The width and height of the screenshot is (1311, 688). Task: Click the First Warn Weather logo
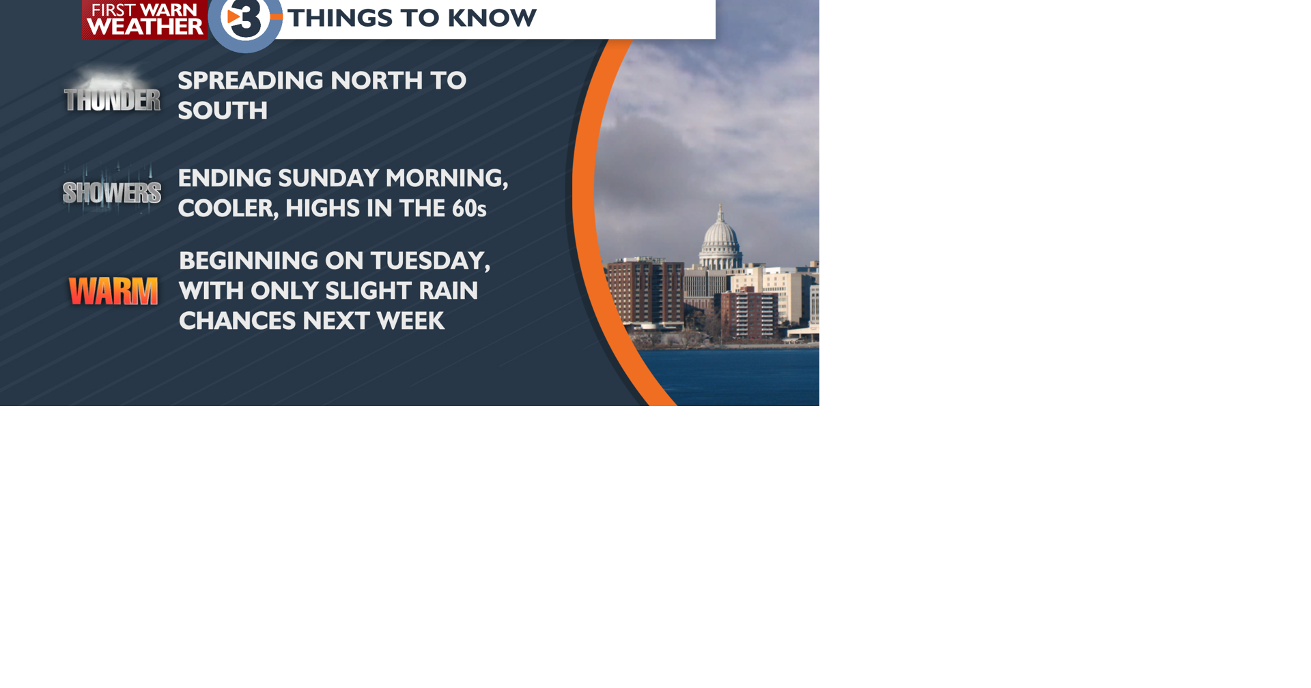click(x=144, y=19)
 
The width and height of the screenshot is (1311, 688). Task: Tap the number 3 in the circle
click(x=246, y=20)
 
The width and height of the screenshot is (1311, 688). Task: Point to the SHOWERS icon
click(x=112, y=192)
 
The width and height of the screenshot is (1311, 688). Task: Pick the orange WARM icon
click(x=113, y=291)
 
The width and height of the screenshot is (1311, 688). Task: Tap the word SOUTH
click(x=223, y=111)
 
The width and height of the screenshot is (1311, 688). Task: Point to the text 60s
click(x=469, y=208)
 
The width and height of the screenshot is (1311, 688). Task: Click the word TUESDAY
click(x=430, y=261)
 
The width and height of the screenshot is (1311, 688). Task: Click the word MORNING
click(x=447, y=178)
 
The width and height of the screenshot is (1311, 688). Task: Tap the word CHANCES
click(x=237, y=321)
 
